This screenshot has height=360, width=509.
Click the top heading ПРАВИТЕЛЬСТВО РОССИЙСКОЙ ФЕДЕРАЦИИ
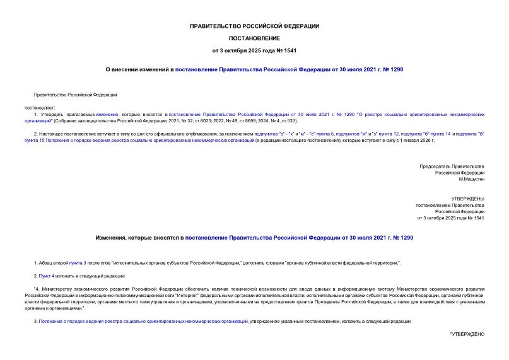click(254, 26)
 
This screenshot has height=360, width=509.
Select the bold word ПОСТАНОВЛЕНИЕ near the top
click(254, 38)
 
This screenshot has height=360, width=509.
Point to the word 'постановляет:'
click(40, 107)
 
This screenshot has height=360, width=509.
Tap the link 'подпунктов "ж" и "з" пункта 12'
click(365, 134)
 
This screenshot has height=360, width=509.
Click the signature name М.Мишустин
click(471, 179)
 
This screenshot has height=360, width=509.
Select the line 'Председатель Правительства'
click(452, 166)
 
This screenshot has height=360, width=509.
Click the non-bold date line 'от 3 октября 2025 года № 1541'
click(451, 218)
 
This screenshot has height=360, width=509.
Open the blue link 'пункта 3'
click(76, 262)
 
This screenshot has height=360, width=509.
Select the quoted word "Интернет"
click(190, 295)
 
